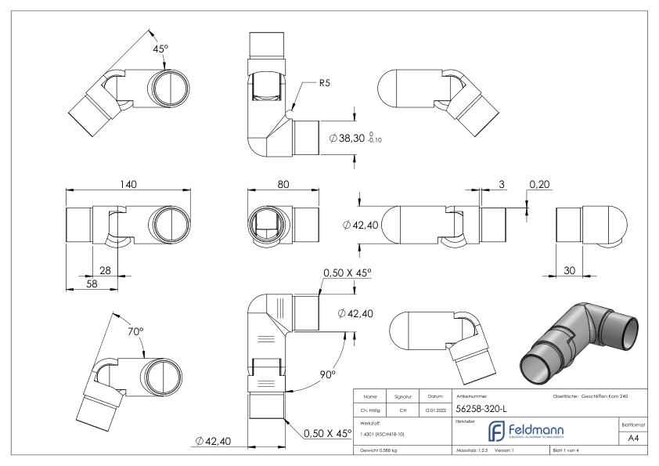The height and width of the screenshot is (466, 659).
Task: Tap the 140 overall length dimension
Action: [x=128, y=184]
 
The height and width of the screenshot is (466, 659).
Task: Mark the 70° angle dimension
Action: [x=136, y=331]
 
